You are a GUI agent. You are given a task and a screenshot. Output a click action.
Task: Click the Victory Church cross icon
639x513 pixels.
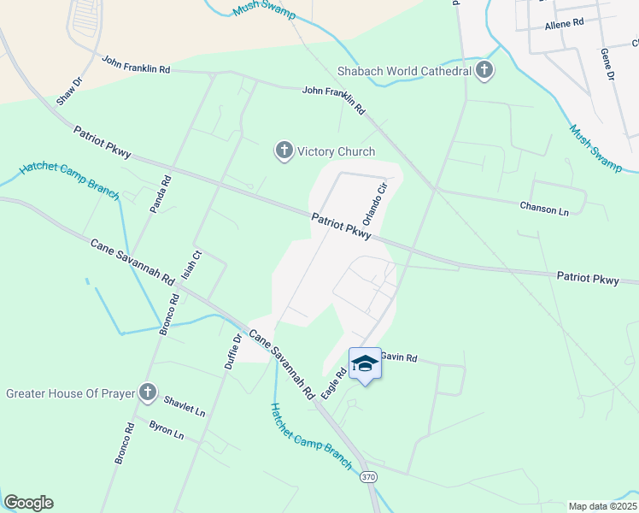pyautogui.click(x=284, y=151)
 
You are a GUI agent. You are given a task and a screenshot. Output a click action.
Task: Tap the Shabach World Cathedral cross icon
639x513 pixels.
pyautogui.click(x=484, y=70)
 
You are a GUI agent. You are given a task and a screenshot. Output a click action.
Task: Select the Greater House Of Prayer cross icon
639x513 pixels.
pyautogui.click(x=148, y=393)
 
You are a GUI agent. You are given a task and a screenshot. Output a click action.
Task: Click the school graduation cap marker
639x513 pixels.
pyautogui.click(x=365, y=363)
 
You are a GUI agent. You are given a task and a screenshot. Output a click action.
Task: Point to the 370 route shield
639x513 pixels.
pyautogui.click(x=368, y=475)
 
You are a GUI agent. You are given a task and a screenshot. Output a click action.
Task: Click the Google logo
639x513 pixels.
pyautogui.click(x=28, y=503)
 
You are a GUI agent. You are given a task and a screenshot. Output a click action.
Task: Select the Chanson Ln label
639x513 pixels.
pyautogui.click(x=543, y=207)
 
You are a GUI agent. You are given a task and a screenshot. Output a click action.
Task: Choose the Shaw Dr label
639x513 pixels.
pyautogui.click(x=69, y=91)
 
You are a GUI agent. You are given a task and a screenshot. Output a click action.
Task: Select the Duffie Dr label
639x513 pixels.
pyautogui.click(x=232, y=348)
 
